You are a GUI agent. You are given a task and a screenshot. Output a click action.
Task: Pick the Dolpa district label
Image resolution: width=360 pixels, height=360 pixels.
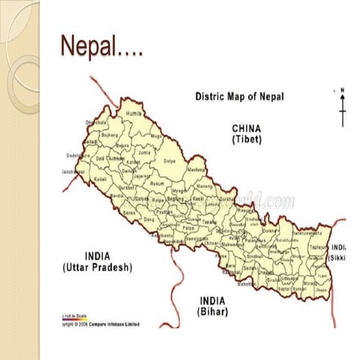tap(169, 160)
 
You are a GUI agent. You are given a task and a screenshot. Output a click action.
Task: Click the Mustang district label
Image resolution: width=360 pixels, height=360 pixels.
tap(196, 172)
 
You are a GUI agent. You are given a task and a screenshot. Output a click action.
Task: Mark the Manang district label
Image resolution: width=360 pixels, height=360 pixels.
tap(205, 186)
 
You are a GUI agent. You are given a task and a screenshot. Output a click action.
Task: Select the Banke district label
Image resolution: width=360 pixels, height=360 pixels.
tap(129, 213)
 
